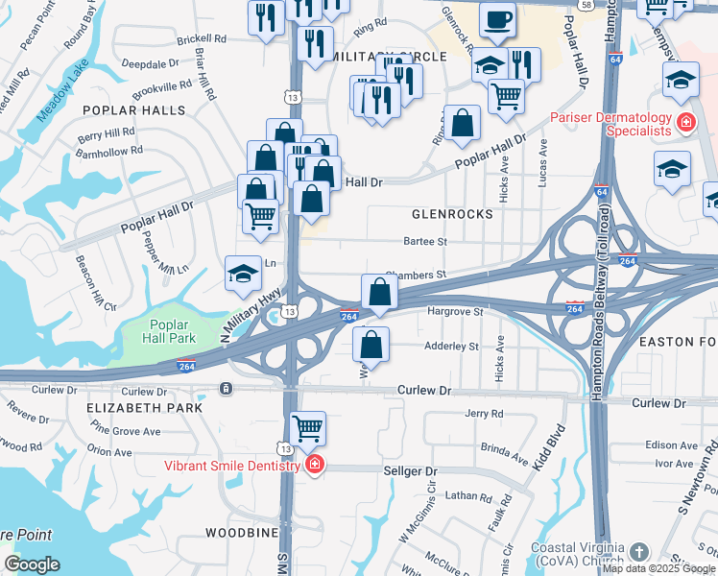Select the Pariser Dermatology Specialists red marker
pyautogui.click(x=686, y=122)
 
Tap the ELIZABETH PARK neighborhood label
pyautogui.click(x=144, y=407)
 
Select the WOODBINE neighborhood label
pyautogui.click(x=241, y=532)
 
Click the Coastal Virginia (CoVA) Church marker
pyautogui.click(x=639, y=552)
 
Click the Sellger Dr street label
pyautogui.click(x=410, y=471)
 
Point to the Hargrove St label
pyautogui.click(x=454, y=312)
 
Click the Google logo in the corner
pyautogui.click(x=32, y=564)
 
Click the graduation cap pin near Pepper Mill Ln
pyautogui.click(x=242, y=274)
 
